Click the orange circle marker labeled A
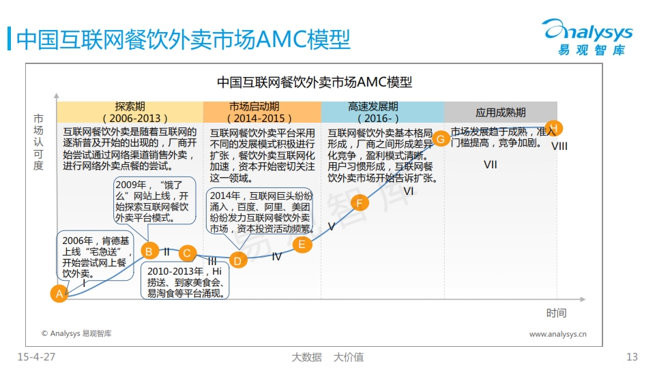pos(59,294)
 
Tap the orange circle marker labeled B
pos(149,251)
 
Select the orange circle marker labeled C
pos(187,253)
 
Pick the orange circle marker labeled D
pos(238,260)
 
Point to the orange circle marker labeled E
pos(302,245)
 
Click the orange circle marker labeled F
pos(360,203)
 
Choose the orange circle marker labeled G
pos(440,138)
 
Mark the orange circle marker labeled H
pos(554,128)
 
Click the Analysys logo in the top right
pos(587,37)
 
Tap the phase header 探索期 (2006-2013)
pos(130,112)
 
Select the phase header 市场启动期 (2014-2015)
pos(262,112)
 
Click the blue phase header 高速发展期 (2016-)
pos(383,112)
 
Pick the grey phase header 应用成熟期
pos(501,112)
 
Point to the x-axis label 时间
pos(557,313)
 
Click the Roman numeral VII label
pos(491,165)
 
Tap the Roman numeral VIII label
pos(559,147)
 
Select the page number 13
pos(632,357)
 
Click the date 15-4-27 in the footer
pos(36,357)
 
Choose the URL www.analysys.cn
pos(557,334)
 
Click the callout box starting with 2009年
pos(155,200)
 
